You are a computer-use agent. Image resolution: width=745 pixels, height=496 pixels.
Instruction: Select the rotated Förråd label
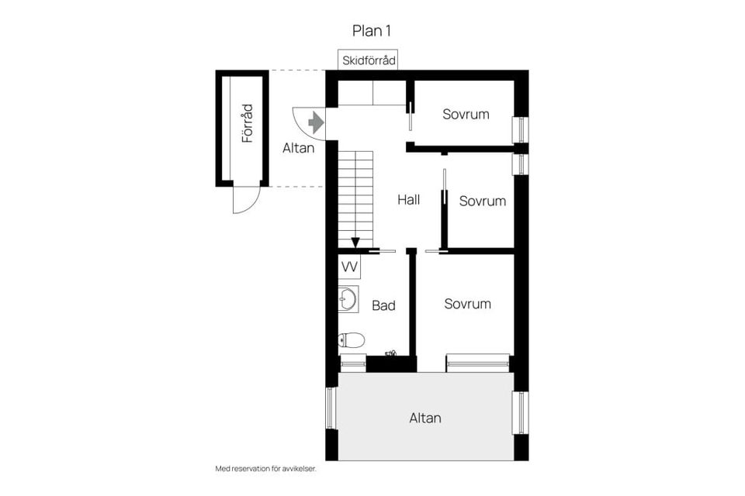(248, 123)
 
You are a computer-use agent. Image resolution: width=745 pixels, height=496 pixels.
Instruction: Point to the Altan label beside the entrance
(299, 148)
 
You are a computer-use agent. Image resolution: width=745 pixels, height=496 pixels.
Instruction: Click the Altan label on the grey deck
(425, 418)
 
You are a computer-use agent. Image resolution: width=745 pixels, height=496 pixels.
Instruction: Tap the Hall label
(408, 200)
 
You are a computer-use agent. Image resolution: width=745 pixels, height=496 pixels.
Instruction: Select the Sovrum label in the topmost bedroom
(466, 114)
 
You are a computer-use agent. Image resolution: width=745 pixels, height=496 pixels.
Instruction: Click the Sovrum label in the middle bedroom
(482, 201)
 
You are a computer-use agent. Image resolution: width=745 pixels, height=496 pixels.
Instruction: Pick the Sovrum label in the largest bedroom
(467, 304)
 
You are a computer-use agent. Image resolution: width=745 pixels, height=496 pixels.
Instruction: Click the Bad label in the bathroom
(383, 305)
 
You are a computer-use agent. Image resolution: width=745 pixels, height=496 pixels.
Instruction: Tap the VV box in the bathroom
(349, 267)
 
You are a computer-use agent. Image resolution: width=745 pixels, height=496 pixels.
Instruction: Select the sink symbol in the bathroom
(348, 298)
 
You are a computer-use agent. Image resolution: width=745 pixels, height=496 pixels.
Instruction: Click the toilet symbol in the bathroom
(352, 339)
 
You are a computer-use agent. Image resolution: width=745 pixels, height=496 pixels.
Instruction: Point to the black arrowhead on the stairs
(355, 243)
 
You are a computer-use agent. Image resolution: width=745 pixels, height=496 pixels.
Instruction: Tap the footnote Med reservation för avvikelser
(266, 469)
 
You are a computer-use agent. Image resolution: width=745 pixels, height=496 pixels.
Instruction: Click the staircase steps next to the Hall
(355, 194)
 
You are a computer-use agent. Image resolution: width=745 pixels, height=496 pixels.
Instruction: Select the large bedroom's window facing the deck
(477, 362)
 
